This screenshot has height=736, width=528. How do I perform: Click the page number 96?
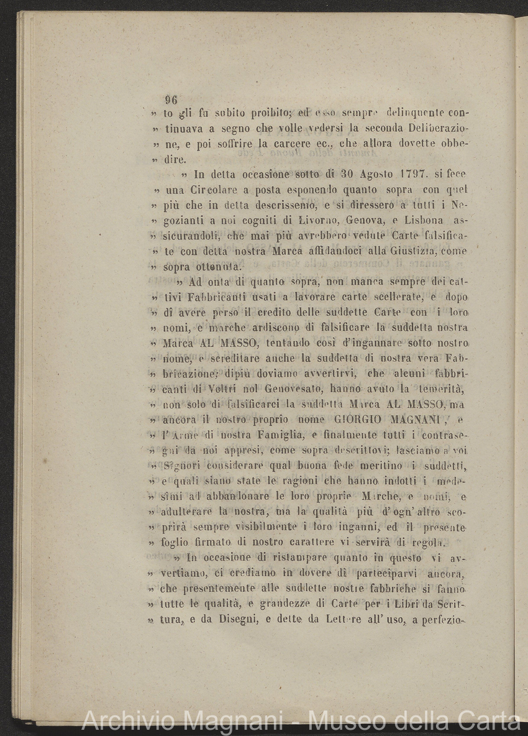(171, 100)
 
